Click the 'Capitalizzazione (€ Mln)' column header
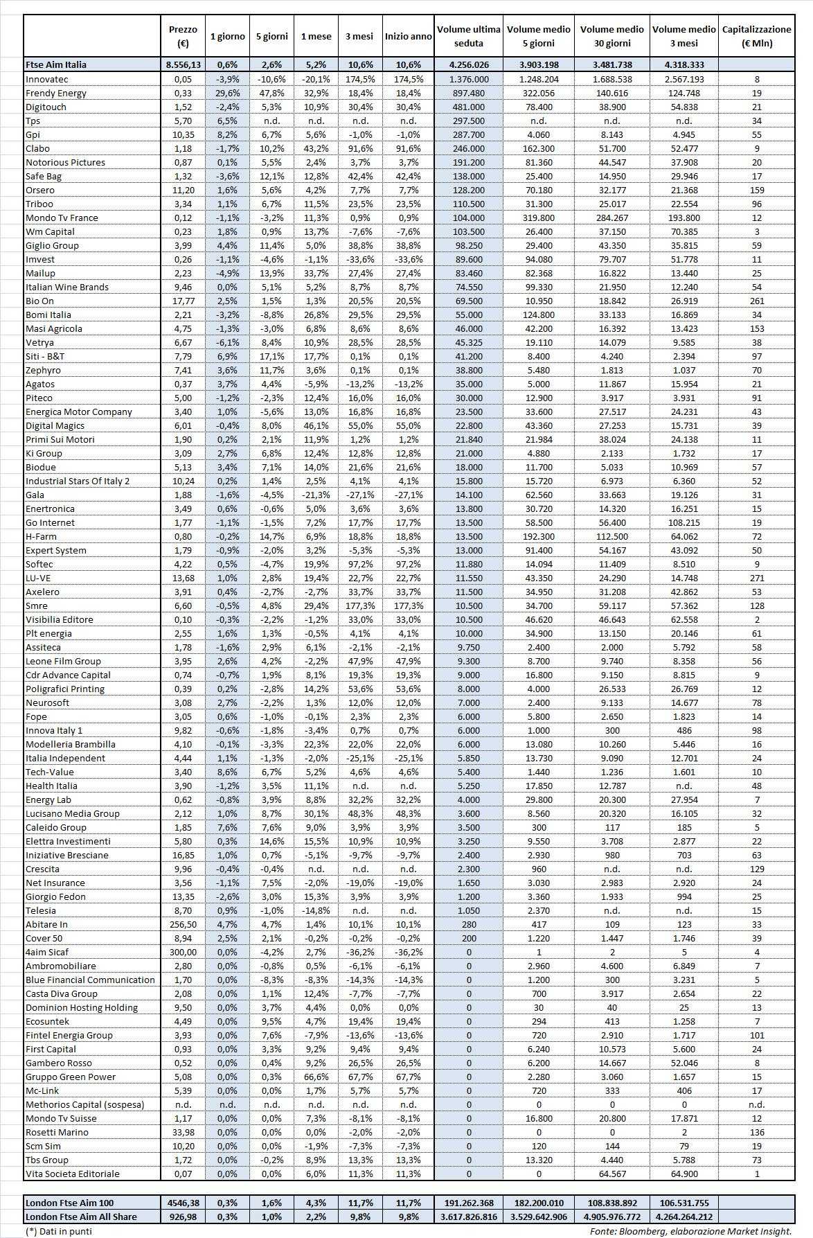tap(756, 36)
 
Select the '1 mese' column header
tap(316, 36)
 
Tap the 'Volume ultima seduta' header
tap(469, 36)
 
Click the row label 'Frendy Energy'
tap(56, 93)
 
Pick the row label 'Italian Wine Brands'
tap(67, 287)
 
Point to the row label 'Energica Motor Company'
tap(79, 412)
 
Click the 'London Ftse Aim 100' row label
tap(69, 1203)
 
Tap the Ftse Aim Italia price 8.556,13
tap(183, 64)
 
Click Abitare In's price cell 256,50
tap(183, 924)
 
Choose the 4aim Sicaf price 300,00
tap(183, 952)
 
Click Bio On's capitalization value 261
tap(756, 301)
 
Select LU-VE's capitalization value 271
tap(756, 578)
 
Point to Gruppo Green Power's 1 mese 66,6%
tap(316, 1077)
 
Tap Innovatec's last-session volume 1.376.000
tap(469, 79)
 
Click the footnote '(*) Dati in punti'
tap(58, 1231)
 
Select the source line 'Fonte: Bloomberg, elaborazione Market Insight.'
tap(690, 1231)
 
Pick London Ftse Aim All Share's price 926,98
tap(183, 1217)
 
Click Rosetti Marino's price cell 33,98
tap(183, 1132)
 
